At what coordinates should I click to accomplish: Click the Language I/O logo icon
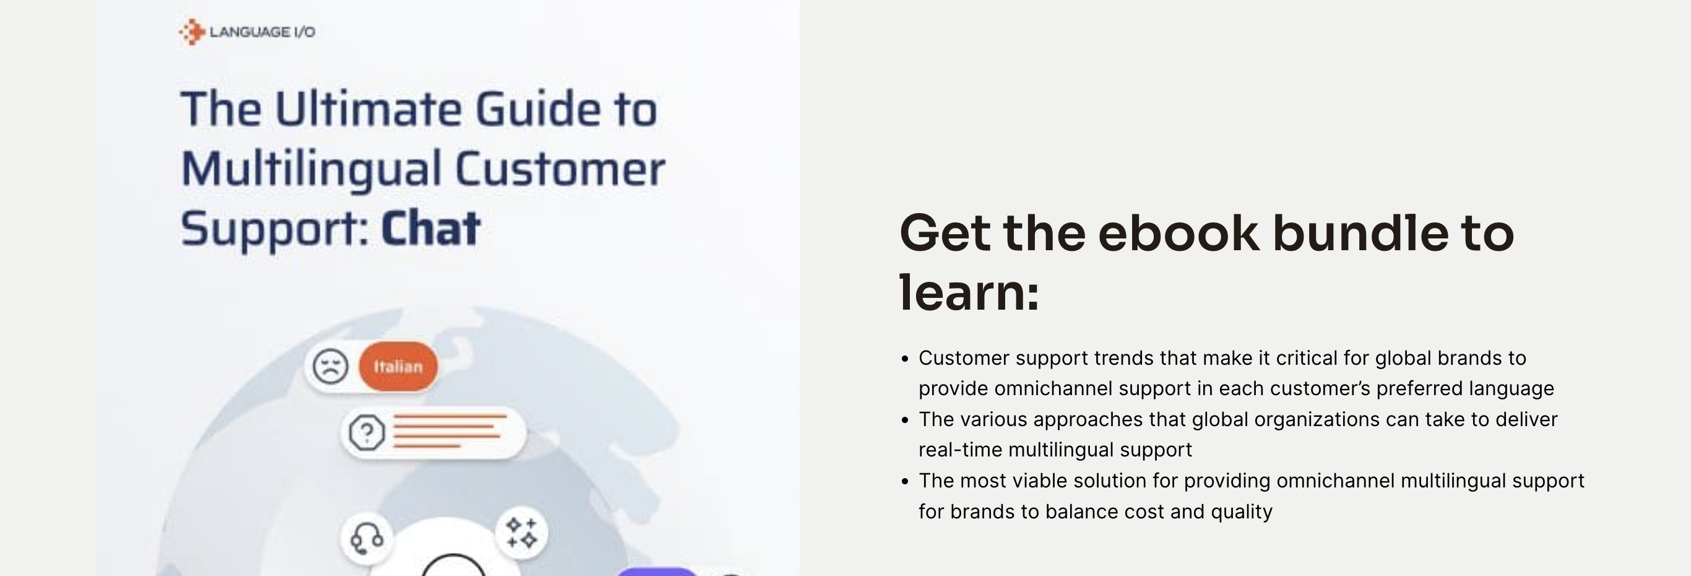coord(192,32)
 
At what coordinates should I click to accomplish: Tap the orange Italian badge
coord(399,367)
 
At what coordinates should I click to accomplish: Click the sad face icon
coord(329,367)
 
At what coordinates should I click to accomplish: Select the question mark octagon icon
coord(366,432)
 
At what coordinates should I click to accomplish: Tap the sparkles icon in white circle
coord(522,532)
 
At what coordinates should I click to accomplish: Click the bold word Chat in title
coord(431,229)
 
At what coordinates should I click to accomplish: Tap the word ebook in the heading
coord(1179,233)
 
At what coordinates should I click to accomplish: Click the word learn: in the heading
coord(969,293)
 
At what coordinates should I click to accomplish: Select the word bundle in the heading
coord(1360,233)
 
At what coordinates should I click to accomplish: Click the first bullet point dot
coord(906,359)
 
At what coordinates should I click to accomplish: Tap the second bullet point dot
coord(906,420)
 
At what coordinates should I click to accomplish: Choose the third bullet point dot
coord(906,481)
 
